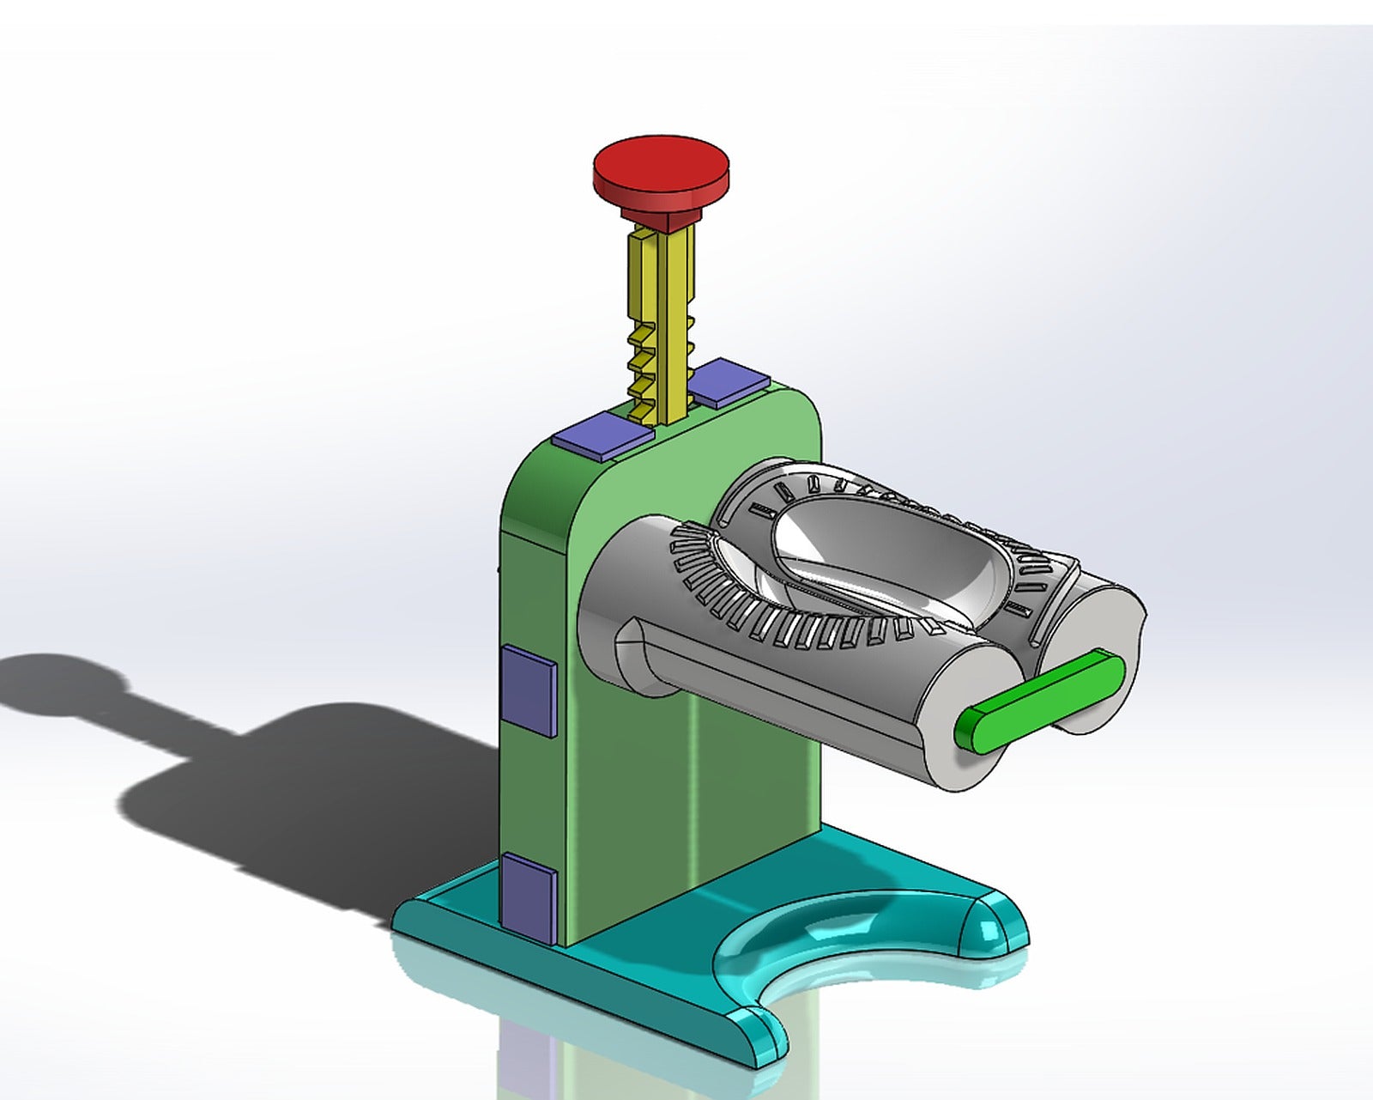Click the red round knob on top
pos(661,165)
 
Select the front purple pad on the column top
pos(602,434)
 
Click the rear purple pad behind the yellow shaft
pos(729,381)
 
